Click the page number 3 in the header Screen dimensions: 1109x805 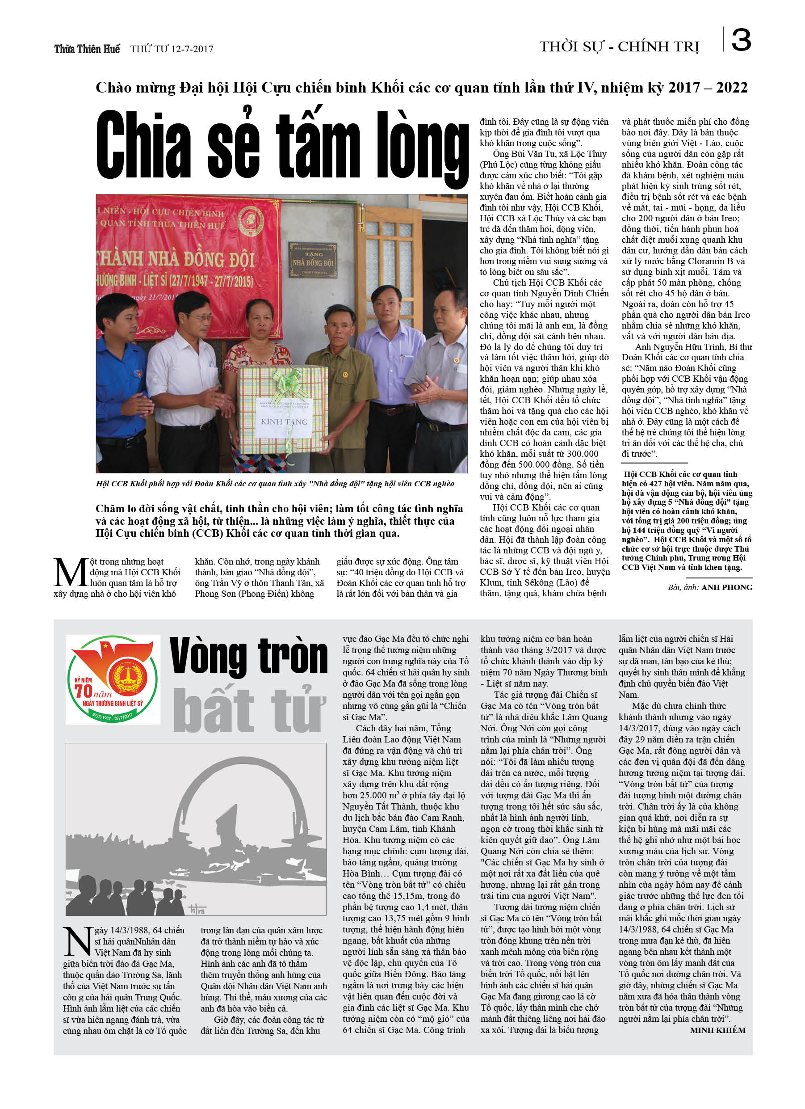[x=741, y=40]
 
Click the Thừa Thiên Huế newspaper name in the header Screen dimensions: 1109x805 [x=87, y=49]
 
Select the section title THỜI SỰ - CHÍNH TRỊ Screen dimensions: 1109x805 [x=619, y=47]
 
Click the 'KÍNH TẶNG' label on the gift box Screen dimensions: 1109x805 [x=284, y=422]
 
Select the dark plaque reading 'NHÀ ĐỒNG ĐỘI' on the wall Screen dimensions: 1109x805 [x=312, y=260]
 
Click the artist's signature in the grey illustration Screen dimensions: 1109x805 [x=197, y=909]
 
